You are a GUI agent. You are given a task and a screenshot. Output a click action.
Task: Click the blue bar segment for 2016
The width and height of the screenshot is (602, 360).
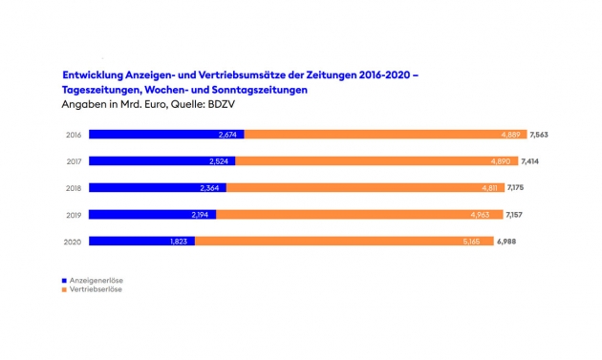point(166,135)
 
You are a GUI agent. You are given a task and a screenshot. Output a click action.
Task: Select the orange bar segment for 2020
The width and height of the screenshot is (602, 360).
point(344,241)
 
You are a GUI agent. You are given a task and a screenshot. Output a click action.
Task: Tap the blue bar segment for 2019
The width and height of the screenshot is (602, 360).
point(153,215)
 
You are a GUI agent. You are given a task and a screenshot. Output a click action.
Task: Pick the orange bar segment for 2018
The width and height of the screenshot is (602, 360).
point(365,188)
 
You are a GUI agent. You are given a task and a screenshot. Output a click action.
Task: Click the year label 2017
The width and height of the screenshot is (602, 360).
point(74,161)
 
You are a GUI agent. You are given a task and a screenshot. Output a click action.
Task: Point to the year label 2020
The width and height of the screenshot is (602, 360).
point(73,242)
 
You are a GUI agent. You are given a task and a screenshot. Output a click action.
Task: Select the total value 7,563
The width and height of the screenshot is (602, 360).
point(539,135)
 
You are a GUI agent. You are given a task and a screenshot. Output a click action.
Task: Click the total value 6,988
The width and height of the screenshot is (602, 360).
point(506,242)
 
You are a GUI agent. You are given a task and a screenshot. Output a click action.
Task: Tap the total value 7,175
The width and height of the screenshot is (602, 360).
point(515,188)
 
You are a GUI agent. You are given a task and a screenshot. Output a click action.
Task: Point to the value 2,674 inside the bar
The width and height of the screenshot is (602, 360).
point(227,135)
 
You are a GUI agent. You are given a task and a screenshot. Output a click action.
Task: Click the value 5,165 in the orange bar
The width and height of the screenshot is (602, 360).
point(471,242)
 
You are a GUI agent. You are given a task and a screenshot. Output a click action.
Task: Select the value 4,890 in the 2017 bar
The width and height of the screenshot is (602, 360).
point(501,161)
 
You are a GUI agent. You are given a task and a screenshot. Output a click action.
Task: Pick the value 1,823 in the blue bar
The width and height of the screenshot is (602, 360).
point(179,242)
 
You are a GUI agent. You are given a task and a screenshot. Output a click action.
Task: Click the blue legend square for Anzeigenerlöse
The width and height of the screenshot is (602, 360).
point(64,281)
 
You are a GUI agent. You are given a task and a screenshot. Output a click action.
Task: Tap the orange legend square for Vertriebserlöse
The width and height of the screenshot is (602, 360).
point(64,289)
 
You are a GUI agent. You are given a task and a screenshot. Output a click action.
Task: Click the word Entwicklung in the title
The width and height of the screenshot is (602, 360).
point(93,74)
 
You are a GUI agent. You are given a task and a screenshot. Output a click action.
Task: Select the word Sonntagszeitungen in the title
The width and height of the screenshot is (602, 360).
point(260,90)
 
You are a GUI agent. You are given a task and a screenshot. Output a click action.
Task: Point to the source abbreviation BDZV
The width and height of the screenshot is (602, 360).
point(221,104)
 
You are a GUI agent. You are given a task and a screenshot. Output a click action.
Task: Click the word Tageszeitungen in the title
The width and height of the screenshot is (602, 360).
point(101,90)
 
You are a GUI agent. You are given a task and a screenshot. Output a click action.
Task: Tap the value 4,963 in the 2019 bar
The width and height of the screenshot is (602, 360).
point(481,215)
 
